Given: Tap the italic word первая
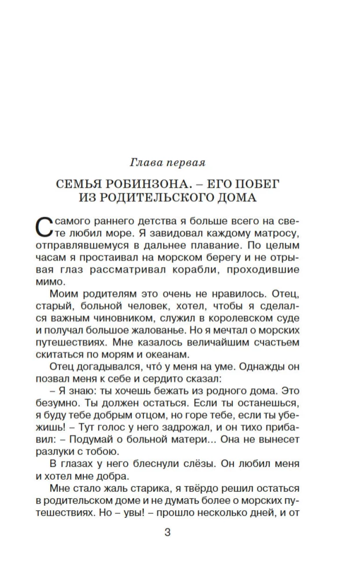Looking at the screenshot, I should point(183,163).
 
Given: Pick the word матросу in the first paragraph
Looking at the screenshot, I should point(280,234).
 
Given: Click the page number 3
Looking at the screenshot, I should point(168,532).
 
